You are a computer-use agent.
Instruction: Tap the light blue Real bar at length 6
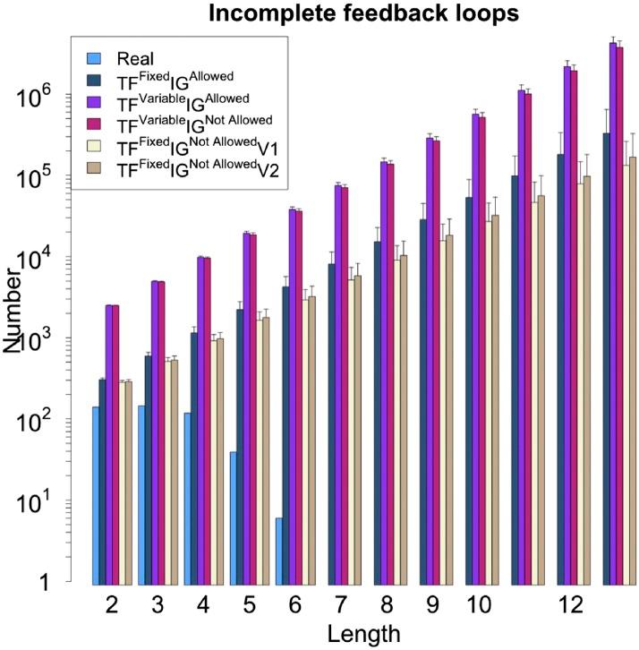(x=279, y=550)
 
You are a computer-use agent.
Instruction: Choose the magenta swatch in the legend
(x=93, y=121)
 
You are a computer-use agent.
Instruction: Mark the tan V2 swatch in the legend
(x=93, y=167)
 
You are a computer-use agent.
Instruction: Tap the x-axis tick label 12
(x=565, y=606)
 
